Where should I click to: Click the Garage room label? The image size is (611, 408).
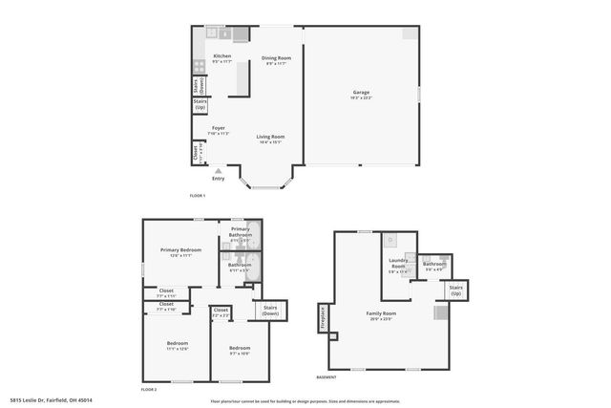click(x=361, y=95)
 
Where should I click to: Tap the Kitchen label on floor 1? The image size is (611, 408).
click(x=221, y=58)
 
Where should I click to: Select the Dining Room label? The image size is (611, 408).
click(x=277, y=60)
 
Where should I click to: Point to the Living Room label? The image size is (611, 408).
click(x=270, y=139)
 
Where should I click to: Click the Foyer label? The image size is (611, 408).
click(x=219, y=129)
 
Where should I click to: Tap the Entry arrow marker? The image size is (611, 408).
click(x=218, y=170)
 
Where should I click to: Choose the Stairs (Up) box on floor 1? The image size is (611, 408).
click(x=200, y=104)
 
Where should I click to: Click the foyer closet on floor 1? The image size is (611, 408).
click(x=197, y=151)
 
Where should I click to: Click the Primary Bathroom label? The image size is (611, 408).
click(x=240, y=233)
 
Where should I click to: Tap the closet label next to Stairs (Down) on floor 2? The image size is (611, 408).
click(x=221, y=311)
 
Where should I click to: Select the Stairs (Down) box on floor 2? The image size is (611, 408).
click(x=270, y=311)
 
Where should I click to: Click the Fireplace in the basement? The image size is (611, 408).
click(x=324, y=317)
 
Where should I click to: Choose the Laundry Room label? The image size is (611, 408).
click(x=398, y=266)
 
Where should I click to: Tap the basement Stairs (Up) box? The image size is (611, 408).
click(x=456, y=290)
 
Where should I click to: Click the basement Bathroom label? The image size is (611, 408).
click(x=434, y=267)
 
